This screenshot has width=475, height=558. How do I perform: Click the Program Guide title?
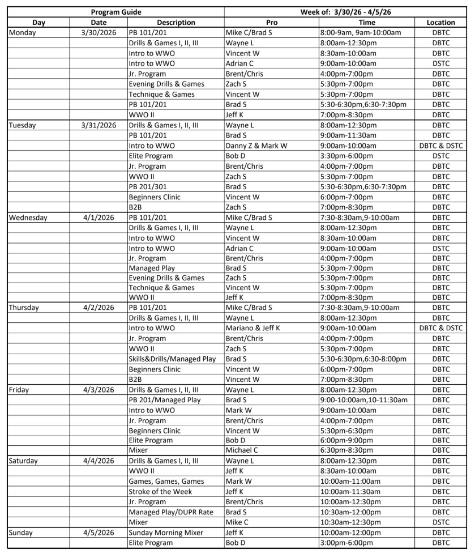[116, 12]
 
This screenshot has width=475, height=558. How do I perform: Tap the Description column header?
[176, 22]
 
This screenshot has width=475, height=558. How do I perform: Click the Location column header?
[440, 22]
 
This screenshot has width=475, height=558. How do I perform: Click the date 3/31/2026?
[99, 125]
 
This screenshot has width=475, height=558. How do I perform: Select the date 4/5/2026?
[99, 533]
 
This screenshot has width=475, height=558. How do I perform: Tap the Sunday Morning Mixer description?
[164, 533]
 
